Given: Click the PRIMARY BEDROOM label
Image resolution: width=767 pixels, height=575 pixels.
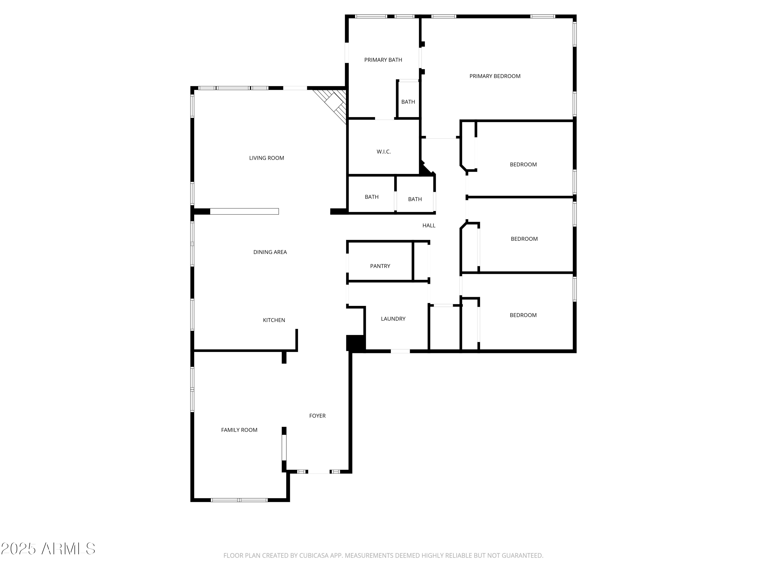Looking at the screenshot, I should (494, 76).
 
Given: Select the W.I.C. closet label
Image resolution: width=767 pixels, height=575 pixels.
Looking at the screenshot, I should (383, 152).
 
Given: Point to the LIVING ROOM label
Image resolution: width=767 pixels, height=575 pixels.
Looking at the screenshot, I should (266, 158).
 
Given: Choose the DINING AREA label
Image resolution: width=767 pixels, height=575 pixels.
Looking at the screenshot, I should (270, 252).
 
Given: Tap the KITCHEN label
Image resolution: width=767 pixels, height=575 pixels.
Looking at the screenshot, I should (274, 320).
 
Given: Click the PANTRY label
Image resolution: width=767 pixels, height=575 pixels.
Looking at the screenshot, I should (380, 266).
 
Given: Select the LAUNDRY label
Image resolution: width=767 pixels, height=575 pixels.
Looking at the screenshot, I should (393, 319).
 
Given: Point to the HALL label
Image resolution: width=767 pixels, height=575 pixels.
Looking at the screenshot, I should (428, 226).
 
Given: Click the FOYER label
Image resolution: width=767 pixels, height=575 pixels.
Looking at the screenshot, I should (317, 416).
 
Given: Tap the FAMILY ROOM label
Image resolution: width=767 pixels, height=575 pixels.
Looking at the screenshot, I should (239, 430).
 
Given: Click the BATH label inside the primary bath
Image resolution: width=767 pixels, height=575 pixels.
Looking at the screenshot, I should (408, 102).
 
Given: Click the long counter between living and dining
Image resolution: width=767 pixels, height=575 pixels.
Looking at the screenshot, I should (244, 211).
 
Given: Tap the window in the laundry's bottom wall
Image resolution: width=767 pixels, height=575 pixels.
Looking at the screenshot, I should (400, 351).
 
